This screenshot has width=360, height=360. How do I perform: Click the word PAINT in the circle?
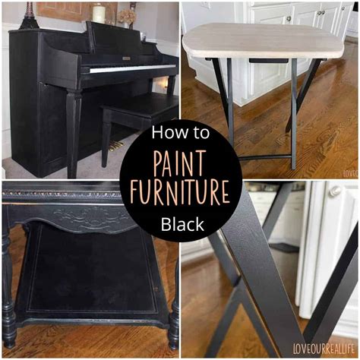point(180,163)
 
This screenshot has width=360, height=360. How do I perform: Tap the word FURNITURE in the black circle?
point(180,191)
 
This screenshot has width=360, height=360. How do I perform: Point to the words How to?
point(180,134)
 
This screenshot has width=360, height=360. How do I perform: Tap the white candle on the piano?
point(98,13)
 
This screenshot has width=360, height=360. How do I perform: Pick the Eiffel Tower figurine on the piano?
point(30,14)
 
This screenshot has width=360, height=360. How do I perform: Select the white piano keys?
point(129,69)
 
